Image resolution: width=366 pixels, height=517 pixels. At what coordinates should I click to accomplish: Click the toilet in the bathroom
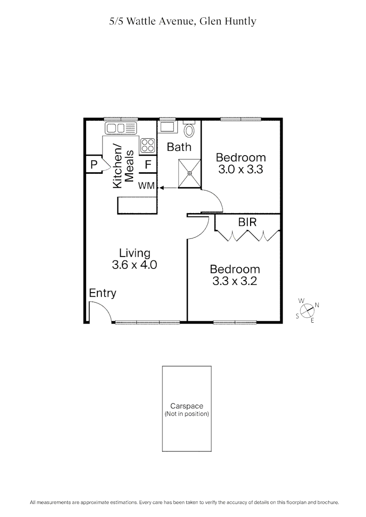[190, 130]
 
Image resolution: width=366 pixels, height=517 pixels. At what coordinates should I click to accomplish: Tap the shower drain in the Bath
[190, 173]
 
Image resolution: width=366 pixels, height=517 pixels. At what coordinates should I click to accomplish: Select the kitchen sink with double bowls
[121, 128]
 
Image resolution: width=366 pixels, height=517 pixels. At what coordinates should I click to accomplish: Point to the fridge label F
[148, 164]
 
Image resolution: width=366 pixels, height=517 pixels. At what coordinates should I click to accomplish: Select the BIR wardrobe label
[247, 222]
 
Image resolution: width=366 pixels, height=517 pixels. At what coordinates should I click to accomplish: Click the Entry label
[103, 293]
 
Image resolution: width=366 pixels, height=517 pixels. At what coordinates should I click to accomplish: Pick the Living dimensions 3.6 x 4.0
[135, 265]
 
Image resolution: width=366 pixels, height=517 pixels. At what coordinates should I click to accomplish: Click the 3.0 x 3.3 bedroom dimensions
[240, 169]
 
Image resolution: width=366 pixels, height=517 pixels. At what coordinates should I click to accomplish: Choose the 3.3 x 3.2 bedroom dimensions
[235, 281]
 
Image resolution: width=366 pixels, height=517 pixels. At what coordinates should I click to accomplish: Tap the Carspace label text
[187, 406]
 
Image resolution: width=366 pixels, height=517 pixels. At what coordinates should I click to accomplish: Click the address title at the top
[183, 21]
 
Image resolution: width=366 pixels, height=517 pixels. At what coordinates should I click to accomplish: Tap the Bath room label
[179, 147]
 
